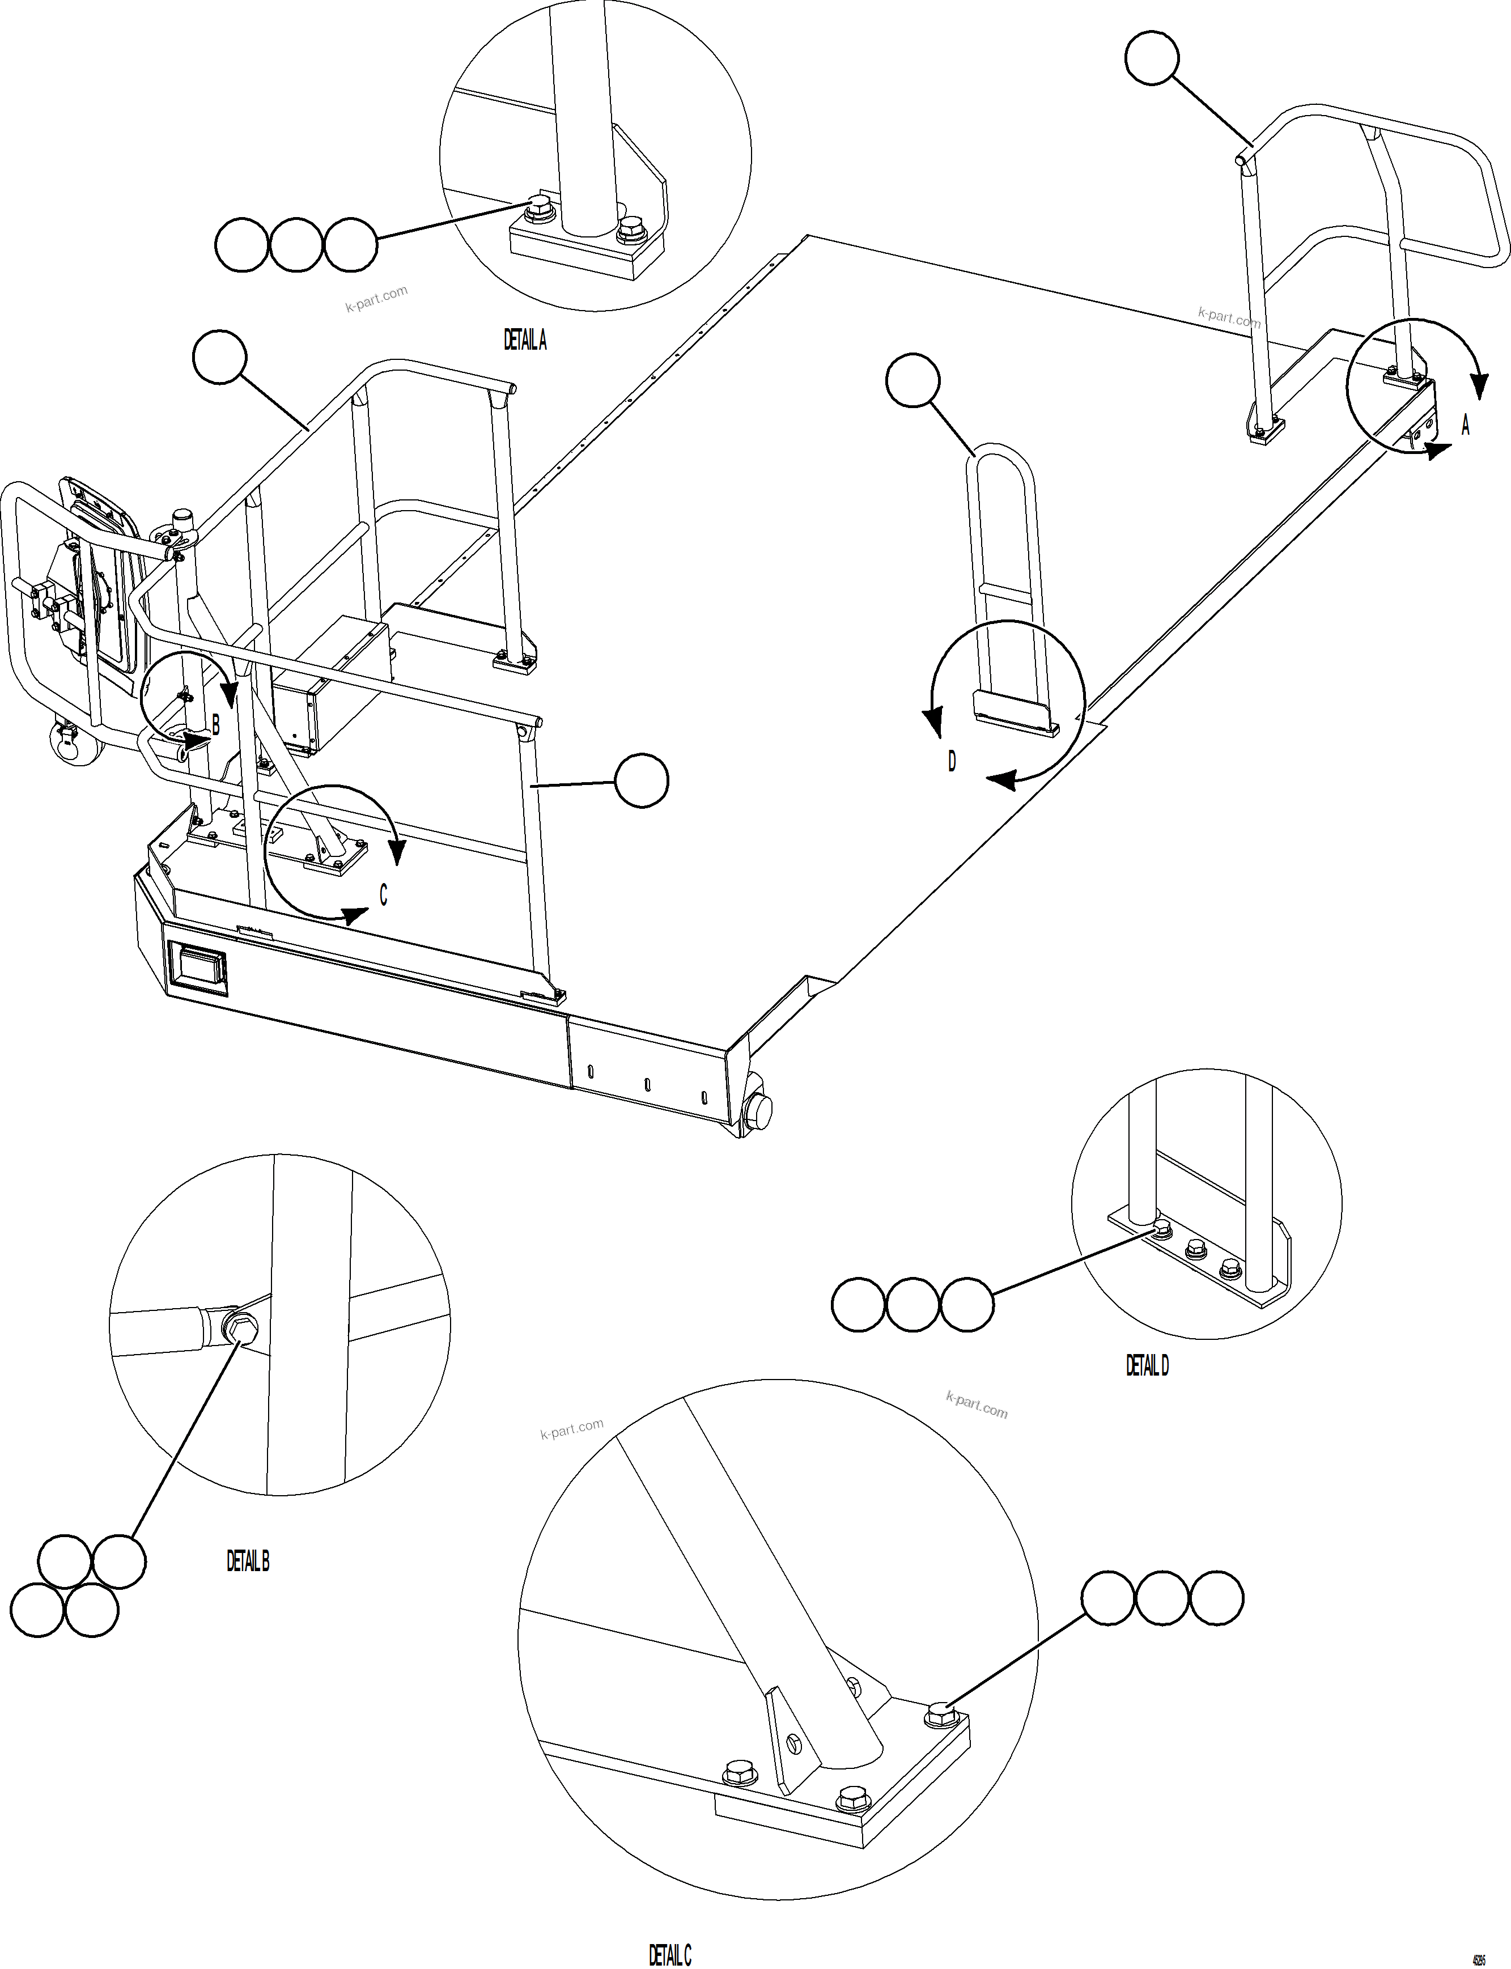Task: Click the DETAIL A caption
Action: (x=524, y=340)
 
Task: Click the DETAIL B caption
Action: (x=247, y=1560)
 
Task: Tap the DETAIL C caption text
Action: (x=670, y=1948)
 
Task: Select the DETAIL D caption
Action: (x=1147, y=1365)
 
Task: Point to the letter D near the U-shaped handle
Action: (x=952, y=762)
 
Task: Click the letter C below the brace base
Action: (x=383, y=895)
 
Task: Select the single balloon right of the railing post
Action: (x=641, y=781)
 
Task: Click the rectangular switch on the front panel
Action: (x=198, y=969)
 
